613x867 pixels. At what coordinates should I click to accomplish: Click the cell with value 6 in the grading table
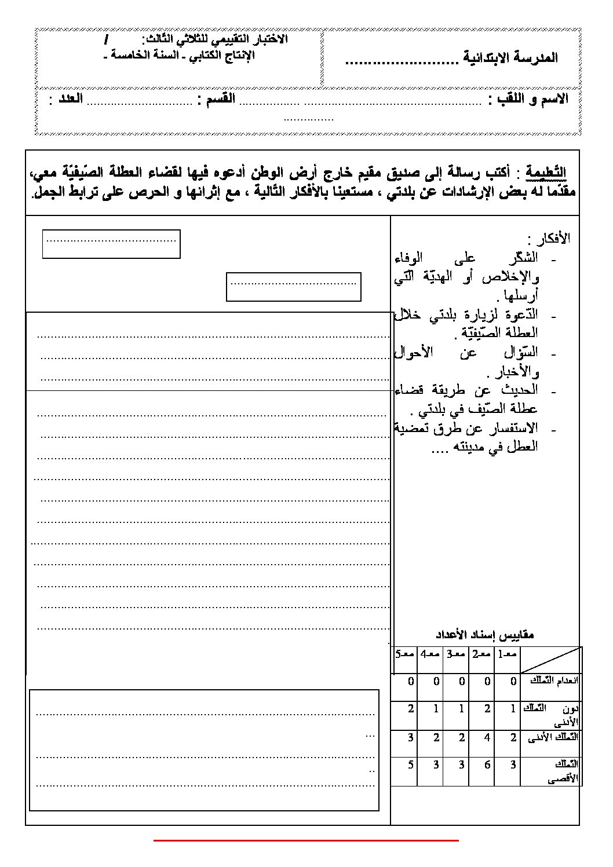point(488,764)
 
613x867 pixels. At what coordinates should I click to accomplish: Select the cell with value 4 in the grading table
point(488,737)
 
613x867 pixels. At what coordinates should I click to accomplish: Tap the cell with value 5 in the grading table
point(411,764)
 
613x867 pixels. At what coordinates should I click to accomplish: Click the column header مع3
point(455,654)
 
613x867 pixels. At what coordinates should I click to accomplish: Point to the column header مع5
point(404,654)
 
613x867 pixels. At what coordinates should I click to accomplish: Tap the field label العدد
point(67,99)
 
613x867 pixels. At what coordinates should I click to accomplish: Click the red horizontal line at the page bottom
point(306,839)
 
